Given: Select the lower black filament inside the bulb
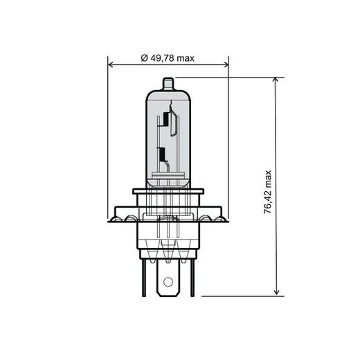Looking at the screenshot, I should [162, 154].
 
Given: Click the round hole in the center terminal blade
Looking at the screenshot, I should [167, 282].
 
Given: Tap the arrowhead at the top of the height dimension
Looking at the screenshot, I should [277, 82].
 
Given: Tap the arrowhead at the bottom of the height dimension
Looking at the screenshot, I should [277, 291].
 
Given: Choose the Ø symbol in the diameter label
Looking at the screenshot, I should [143, 58].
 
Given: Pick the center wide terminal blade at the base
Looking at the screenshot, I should [167, 277].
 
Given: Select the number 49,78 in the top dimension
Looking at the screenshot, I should [163, 58].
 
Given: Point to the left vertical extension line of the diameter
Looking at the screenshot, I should [109, 138].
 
